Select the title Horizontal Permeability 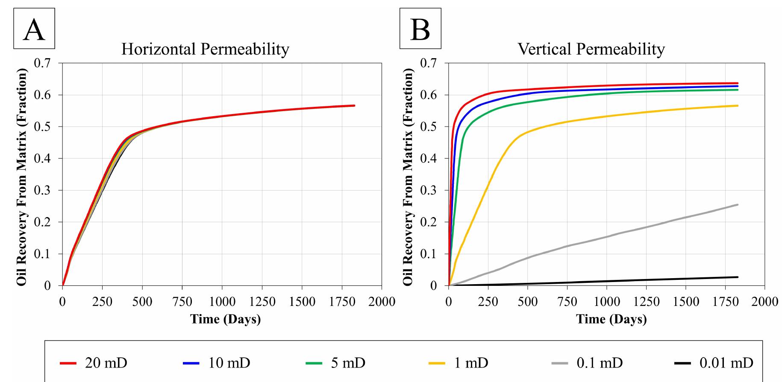pos(205,49)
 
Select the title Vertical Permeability pos(591,49)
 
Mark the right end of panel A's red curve pos(354,106)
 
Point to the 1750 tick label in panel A pos(342,302)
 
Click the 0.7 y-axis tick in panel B pos(429,63)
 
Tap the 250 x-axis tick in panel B pos(488,302)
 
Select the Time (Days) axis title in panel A pos(225,319)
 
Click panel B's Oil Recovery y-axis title pos(408,175)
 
